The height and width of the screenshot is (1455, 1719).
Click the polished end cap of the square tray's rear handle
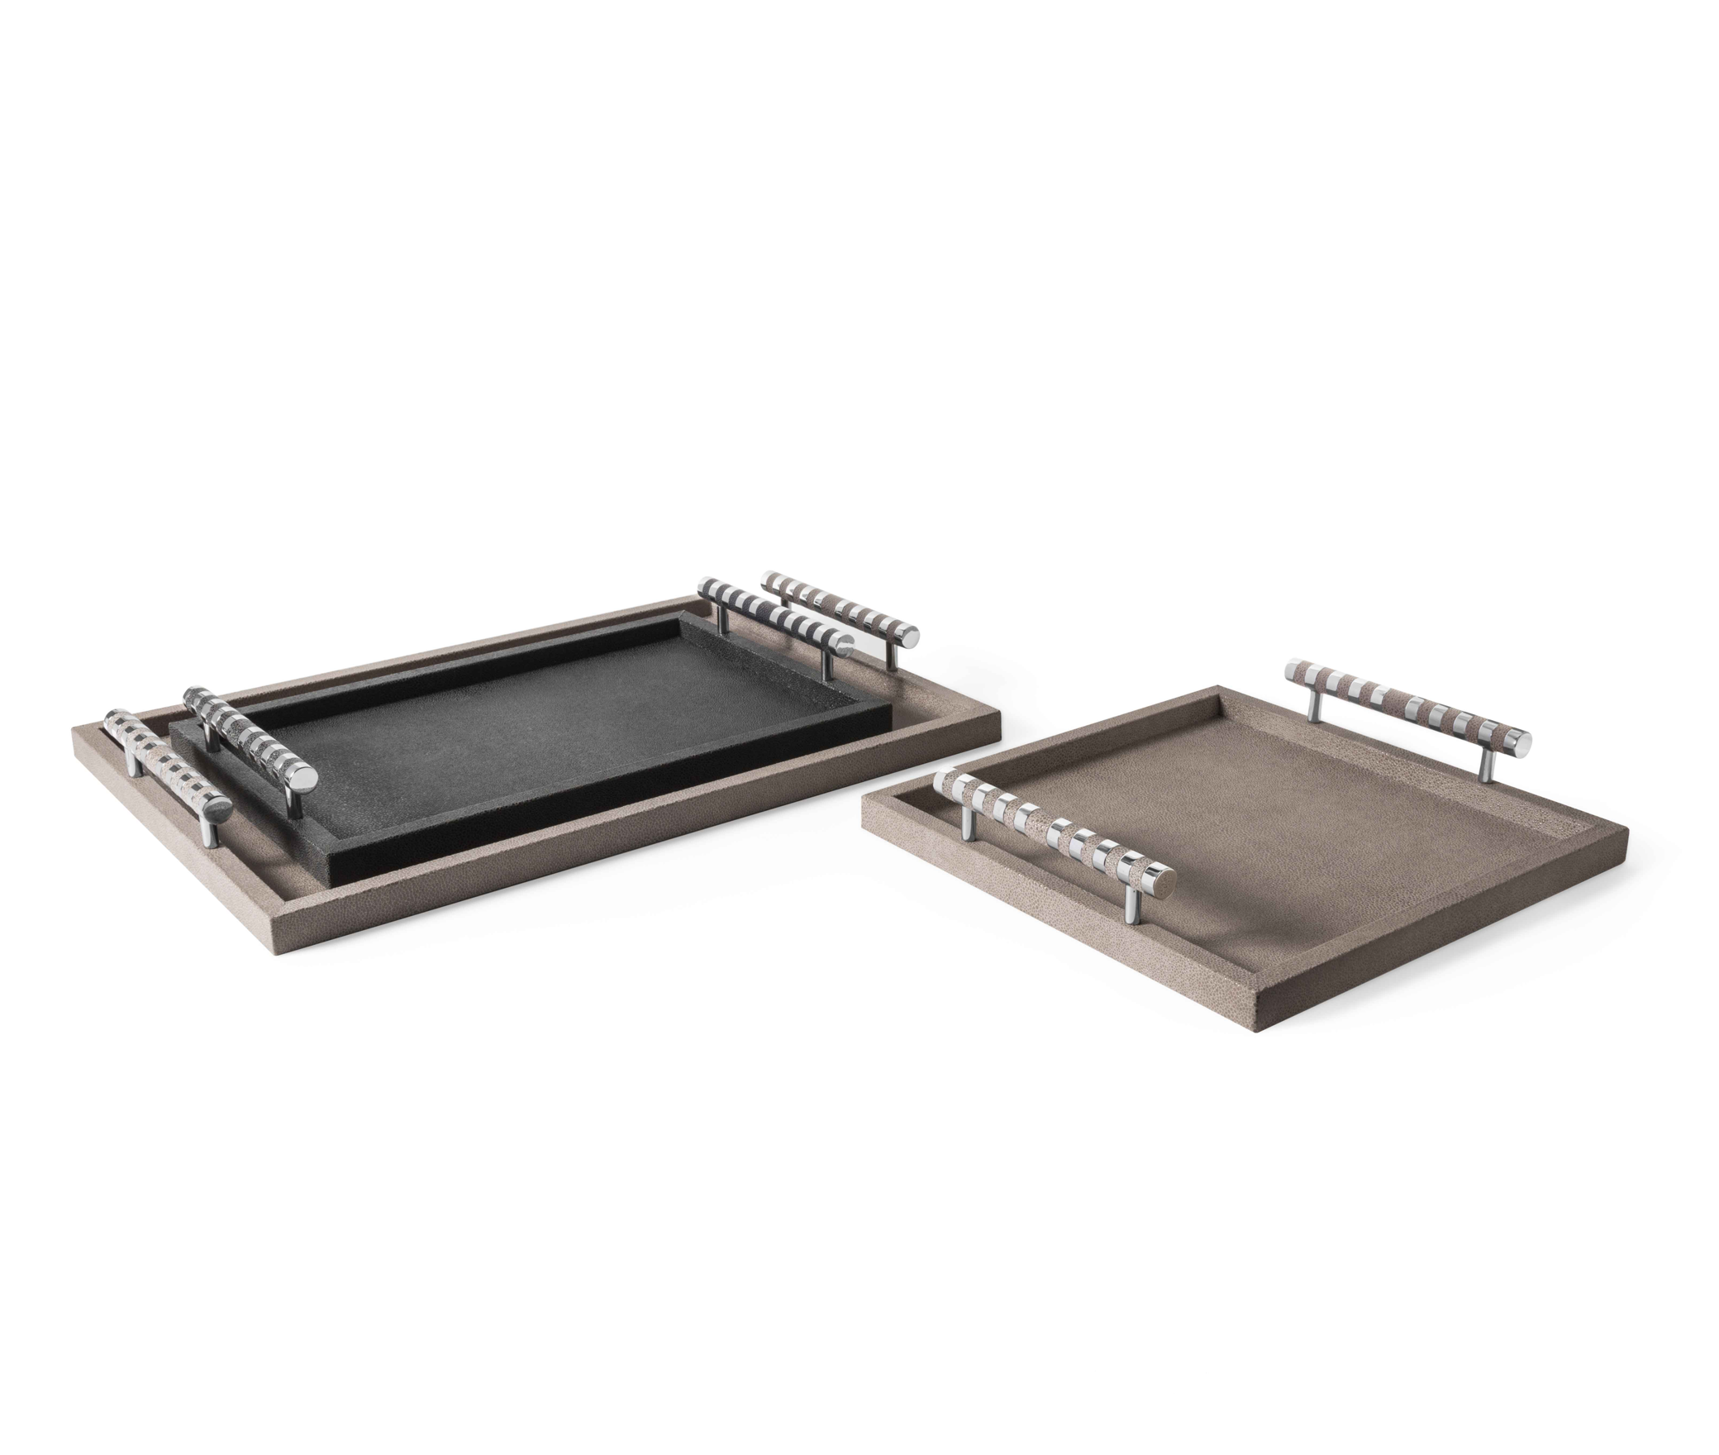(1519, 740)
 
